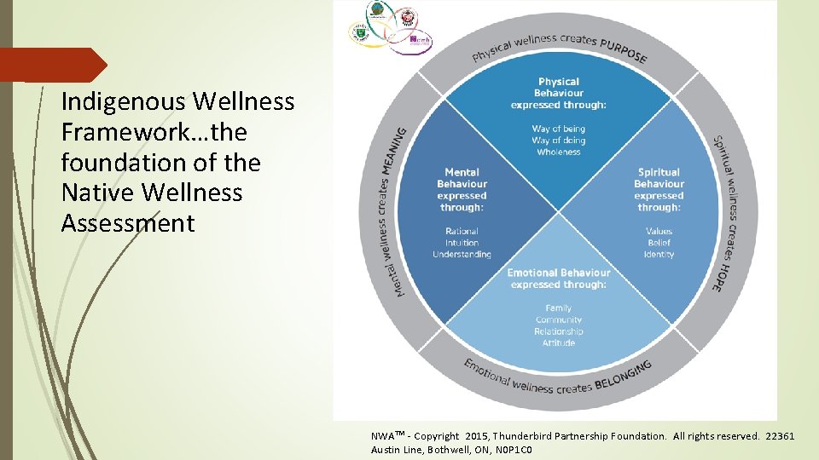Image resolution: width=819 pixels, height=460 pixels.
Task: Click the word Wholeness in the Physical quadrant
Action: (559, 152)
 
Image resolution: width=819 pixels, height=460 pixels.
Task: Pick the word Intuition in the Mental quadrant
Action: (462, 243)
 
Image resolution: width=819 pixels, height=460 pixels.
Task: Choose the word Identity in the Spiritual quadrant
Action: (659, 254)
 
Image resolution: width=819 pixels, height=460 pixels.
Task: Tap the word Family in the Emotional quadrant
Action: (559, 308)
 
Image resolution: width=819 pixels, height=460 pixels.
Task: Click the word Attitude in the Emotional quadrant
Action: (559, 342)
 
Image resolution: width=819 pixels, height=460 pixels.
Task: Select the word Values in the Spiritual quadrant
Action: (659, 231)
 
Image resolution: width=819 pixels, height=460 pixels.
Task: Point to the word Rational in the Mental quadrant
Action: (462, 231)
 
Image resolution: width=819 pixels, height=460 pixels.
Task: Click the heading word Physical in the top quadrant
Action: (559, 82)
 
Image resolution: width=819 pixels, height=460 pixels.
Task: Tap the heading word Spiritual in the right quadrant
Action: (659, 172)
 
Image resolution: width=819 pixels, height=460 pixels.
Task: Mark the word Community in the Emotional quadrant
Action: (559, 319)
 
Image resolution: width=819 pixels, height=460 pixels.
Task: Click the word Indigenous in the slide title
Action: (124, 102)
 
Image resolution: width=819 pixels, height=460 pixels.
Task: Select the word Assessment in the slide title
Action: (128, 223)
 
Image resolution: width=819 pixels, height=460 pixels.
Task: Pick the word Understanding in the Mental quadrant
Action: (462, 254)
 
